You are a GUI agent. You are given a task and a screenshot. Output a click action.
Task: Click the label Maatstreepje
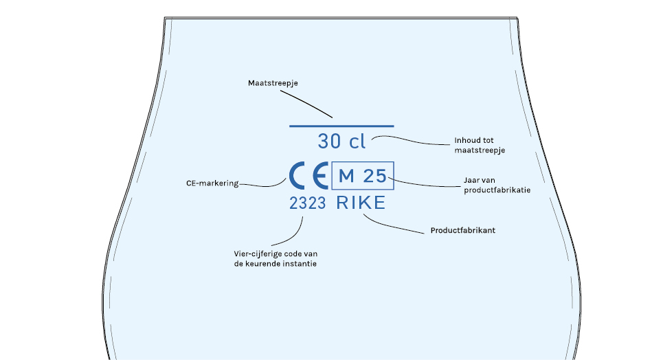pos(268,83)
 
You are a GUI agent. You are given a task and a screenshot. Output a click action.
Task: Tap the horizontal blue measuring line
pos(341,126)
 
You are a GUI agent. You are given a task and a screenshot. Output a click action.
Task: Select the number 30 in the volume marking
pos(329,142)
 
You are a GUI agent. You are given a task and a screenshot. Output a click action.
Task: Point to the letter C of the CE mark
pos(297,176)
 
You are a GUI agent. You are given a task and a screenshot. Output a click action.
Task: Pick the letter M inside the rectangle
pos(346,176)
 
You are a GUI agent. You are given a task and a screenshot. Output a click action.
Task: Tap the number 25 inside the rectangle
pos(375,176)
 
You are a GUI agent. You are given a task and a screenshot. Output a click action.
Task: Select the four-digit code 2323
pos(307,203)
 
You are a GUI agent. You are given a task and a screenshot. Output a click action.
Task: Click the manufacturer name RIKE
pos(361,203)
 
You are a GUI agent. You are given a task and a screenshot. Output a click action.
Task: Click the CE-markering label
pos(212,183)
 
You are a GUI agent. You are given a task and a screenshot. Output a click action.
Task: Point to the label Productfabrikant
pos(462,231)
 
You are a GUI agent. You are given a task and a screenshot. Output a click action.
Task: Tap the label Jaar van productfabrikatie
pos(487,185)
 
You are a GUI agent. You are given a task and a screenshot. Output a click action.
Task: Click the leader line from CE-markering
pos(265,185)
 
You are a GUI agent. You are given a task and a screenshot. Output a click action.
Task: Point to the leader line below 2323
pos(297,234)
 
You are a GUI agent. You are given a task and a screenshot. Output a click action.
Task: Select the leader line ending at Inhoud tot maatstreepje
pos(412,141)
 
